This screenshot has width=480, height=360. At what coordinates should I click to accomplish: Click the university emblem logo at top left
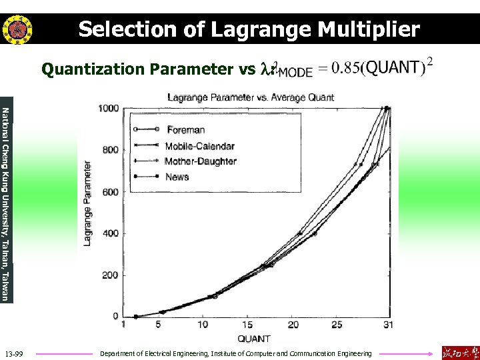point(14,29)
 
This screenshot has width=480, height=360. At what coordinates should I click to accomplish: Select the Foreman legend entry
point(186,129)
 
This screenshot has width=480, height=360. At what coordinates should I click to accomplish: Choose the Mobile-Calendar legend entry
point(200,145)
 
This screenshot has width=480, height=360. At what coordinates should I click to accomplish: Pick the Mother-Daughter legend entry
point(201,161)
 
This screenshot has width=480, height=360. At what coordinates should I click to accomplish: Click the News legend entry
point(177,177)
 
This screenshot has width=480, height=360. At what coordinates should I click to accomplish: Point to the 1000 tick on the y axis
point(108,108)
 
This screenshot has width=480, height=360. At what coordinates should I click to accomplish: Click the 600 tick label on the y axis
point(111,192)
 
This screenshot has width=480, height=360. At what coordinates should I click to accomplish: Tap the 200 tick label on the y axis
point(111,275)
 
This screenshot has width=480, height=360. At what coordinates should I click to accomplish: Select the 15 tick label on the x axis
point(248,325)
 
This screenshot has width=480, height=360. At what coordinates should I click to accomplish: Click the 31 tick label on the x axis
point(388,325)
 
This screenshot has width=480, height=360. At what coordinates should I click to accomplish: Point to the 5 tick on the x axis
point(159,325)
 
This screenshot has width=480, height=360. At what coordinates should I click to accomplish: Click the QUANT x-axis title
point(253,339)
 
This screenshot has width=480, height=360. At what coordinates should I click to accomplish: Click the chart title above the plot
point(251,97)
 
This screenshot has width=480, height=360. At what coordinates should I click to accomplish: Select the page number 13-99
point(13,353)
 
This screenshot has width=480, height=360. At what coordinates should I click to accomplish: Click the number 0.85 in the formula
point(347,68)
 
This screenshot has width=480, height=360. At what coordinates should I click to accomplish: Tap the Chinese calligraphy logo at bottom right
point(460,352)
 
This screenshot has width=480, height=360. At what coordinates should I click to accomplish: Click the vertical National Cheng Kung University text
point(6,203)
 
